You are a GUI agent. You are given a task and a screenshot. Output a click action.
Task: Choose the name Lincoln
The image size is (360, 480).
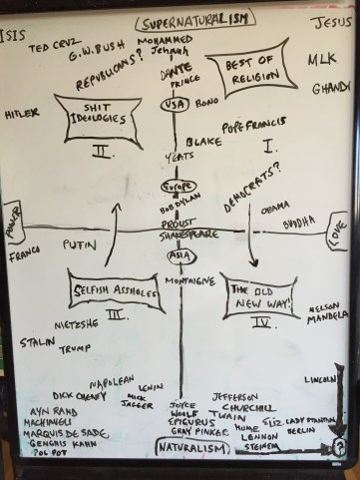(x=317, y=379)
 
